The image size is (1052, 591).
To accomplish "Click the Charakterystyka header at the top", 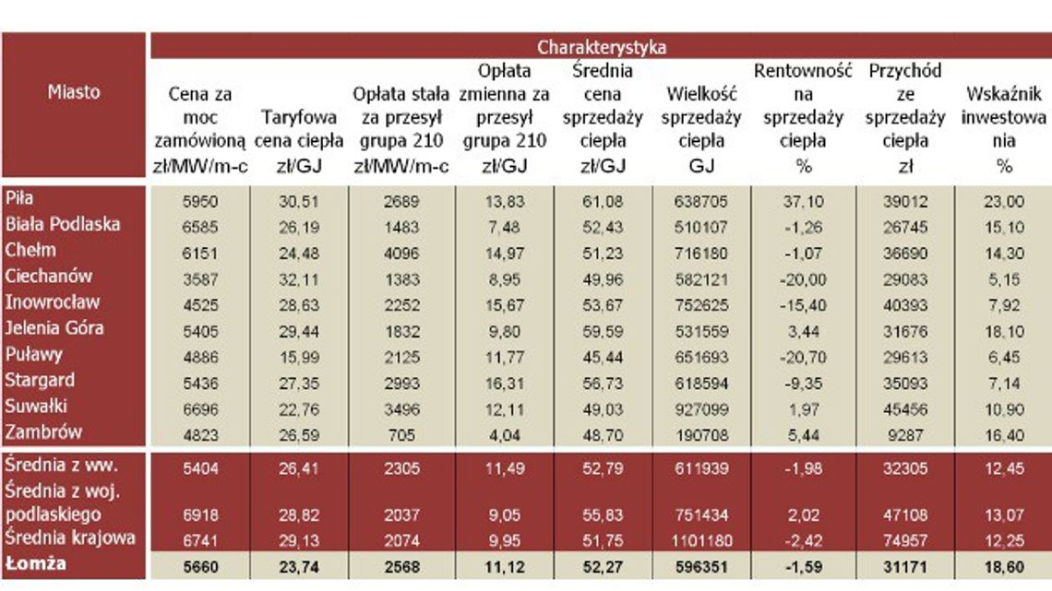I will point(601,47).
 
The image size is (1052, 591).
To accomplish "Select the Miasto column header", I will point(74,92).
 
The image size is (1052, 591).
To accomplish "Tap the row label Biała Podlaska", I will point(63,224).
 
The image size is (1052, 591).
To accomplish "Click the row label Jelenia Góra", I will point(54,327).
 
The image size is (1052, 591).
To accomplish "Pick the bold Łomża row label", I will point(36,564).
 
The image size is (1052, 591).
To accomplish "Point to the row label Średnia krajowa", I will point(70,538).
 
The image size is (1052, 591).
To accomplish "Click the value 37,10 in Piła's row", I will point(803,201).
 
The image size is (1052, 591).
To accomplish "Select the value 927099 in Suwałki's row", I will point(700,408).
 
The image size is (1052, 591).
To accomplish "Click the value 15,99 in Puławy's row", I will point(301,356).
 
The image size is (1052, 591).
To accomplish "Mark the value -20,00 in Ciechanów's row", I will point(802,278).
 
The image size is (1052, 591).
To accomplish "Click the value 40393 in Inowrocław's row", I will point(904,304).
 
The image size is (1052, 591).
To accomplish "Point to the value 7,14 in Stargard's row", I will point(1004,382).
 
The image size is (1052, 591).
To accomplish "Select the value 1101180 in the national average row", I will point(700,539).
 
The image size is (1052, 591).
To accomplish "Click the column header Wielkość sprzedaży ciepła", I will point(701,129).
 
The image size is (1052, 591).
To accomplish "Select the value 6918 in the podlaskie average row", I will point(201,514).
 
